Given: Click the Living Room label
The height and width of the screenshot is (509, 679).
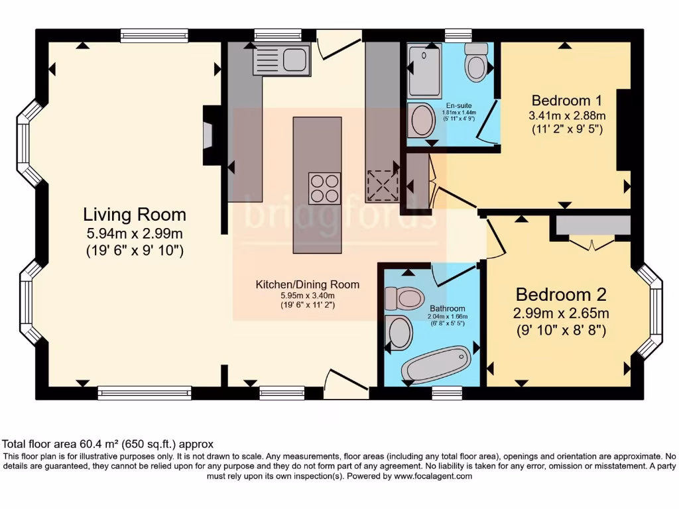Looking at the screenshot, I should (135, 215).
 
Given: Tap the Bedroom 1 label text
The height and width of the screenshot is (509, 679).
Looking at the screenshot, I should (566, 101).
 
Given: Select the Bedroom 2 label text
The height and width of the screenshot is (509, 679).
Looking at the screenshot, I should (561, 294).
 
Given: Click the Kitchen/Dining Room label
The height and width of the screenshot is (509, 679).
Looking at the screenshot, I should (308, 284).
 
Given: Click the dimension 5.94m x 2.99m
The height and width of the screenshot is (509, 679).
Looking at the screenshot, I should (135, 233).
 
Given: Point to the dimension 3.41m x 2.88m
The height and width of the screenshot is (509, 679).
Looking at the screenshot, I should (567, 115).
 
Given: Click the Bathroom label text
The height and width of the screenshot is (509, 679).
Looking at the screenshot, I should (447, 308).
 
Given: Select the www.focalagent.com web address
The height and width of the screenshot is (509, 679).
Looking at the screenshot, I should (433, 476).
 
